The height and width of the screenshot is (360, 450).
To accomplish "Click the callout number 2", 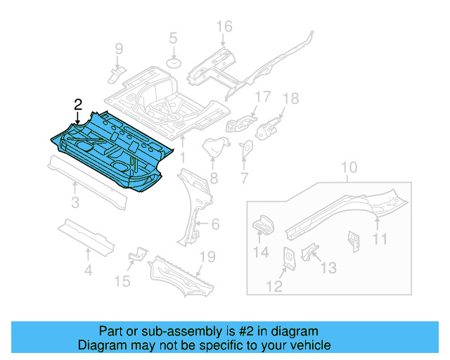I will point(78,104).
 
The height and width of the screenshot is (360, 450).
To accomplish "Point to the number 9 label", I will point(119,49).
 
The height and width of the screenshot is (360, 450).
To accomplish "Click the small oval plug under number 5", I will point(173,64).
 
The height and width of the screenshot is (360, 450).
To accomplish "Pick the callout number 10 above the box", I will point(349,168).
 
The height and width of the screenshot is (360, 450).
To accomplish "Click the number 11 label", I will point(380,240).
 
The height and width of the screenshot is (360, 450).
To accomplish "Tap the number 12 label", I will point(274,285).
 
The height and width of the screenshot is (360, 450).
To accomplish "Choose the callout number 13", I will point(328,268).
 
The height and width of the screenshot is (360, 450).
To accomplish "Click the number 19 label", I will point(205,257).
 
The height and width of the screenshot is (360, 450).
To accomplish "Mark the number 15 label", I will point(122,282).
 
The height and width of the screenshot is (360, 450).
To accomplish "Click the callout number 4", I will point(88,270).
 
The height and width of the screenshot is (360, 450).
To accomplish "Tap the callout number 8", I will point(213,179).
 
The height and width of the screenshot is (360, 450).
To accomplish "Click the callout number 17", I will point(262,96).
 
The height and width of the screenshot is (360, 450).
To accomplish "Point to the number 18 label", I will point(290,98).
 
